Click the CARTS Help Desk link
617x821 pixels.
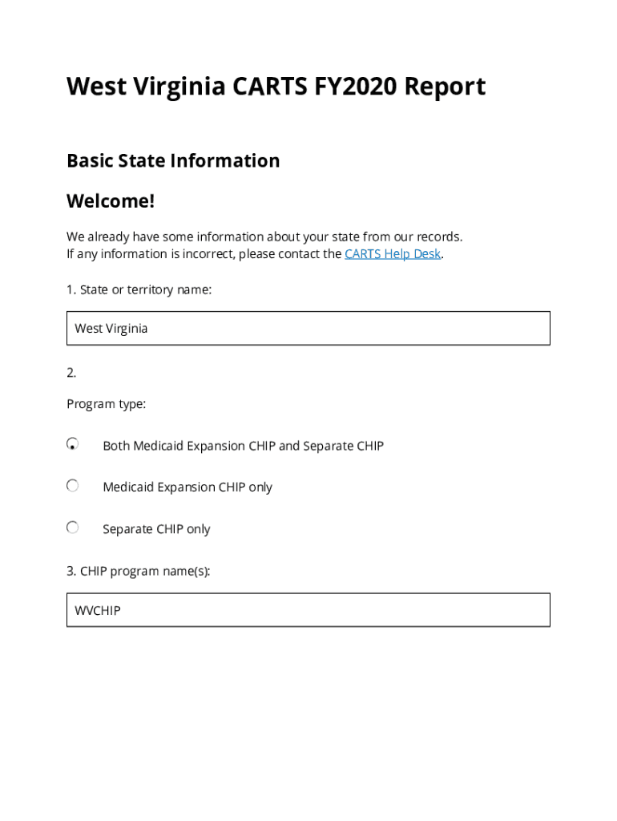point(393,254)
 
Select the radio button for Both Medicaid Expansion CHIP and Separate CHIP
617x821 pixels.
point(73,444)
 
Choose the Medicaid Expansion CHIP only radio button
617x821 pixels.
point(73,486)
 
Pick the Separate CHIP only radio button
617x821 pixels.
point(73,528)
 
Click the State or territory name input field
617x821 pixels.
point(308,328)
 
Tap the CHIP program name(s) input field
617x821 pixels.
point(308,610)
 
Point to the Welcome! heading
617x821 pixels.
point(111,200)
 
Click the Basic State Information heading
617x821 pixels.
point(173,160)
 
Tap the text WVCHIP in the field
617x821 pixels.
point(98,611)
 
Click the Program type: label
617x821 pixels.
point(106,404)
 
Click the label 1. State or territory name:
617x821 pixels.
point(139,289)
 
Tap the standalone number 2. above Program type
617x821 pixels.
point(71,373)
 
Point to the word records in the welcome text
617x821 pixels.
point(438,237)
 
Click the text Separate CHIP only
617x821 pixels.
point(156,529)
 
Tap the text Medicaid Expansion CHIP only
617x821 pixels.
point(188,487)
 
